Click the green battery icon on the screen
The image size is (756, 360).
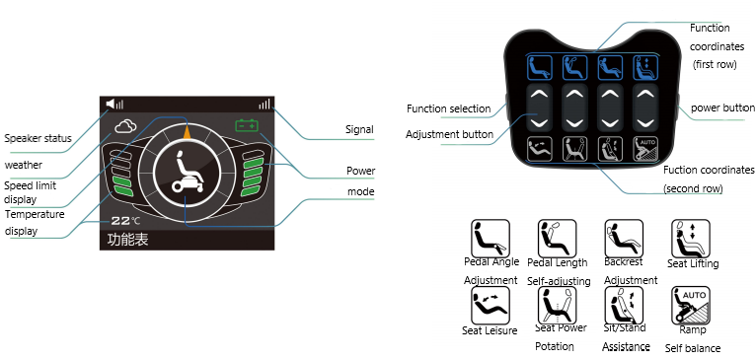click(247, 126)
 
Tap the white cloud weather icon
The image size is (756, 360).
click(125, 126)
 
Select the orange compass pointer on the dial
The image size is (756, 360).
click(187, 131)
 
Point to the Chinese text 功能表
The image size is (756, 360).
click(127, 240)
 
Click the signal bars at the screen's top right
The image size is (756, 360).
click(265, 104)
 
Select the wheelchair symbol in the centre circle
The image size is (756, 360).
click(188, 174)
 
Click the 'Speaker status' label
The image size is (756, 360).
click(38, 139)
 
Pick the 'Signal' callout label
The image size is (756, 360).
click(359, 129)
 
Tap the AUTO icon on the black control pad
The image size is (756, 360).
click(645, 149)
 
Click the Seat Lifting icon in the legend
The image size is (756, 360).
click(691, 239)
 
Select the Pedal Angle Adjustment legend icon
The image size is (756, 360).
click(491, 239)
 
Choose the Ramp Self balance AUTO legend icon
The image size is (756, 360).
click(691, 306)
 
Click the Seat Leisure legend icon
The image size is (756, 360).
click(491, 306)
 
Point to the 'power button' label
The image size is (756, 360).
click(722, 108)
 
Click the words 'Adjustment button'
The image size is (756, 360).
click(449, 134)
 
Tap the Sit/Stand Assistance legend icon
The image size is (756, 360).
click(624, 306)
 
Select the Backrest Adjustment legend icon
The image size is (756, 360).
click(624, 239)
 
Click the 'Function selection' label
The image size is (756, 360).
click(448, 108)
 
